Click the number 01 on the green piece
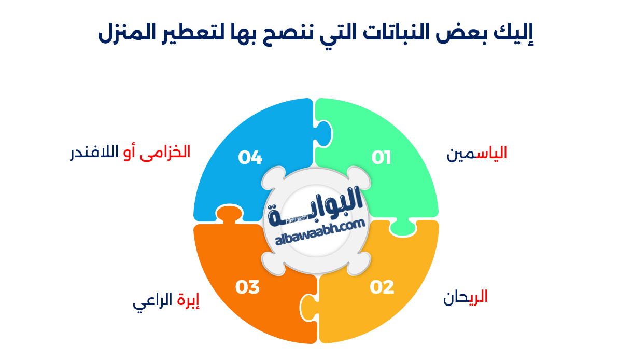(381, 157)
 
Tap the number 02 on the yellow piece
(382, 287)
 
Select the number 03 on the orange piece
(247, 287)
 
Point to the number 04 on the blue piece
(250, 157)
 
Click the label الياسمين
(477, 154)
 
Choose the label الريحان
(465, 297)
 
